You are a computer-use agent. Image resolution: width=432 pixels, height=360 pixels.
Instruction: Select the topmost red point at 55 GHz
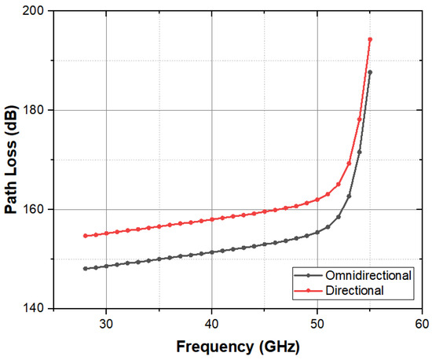coord(370,39)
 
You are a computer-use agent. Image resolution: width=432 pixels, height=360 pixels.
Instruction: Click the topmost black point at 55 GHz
coord(370,72)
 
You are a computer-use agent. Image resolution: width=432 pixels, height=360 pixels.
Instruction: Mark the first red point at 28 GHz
coord(85,236)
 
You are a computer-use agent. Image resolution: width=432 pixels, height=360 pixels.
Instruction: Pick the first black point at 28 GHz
coord(85,269)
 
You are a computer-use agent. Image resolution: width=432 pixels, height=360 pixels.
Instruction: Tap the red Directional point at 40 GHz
coord(211,219)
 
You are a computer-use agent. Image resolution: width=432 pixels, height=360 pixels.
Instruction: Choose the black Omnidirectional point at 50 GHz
coord(317,232)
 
